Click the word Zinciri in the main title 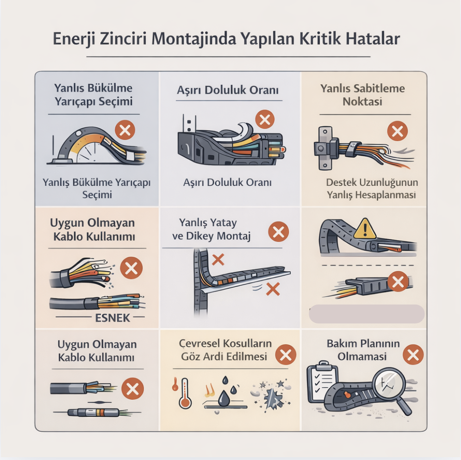coord(123,39)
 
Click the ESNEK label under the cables coord(112,318)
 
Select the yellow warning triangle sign coord(365,229)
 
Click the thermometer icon coord(185,393)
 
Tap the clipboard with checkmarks coord(322,382)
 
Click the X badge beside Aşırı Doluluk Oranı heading coord(265,119)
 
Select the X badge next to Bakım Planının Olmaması coord(413,354)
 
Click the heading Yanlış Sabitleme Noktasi coord(362,95)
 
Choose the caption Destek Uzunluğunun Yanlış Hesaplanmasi coord(372,188)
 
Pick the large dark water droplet coord(224,398)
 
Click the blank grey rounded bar coord(367,314)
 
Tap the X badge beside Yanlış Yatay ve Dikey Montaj coord(279,231)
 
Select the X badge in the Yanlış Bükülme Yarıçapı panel coord(125,130)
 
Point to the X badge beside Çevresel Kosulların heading coord(286,354)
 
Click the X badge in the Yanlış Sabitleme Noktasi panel coord(398,131)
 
